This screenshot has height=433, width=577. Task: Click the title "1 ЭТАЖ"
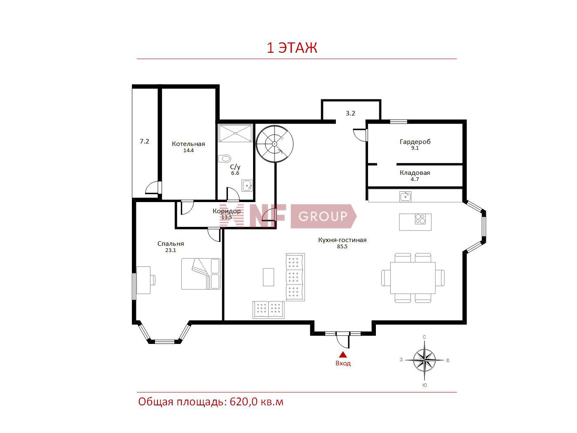point(292,47)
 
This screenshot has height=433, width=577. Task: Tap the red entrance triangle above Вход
point(342,355)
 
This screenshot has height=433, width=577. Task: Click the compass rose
point(424,360)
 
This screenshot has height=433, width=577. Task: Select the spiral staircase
point(274,144)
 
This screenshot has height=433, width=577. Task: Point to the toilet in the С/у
point(224,158)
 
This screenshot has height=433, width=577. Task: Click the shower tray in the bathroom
point(235,133)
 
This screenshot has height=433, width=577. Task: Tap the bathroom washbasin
point(247,186)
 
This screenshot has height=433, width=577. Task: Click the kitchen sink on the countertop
point(405,196)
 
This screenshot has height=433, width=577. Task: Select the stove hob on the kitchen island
point(420,219)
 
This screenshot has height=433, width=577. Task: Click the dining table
point(413,278)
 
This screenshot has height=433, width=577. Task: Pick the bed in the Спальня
point(201,274)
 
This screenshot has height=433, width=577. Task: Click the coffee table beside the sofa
point(268,277)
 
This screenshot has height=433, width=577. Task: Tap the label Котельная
point(188,144)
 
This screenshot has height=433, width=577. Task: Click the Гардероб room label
point(415,142)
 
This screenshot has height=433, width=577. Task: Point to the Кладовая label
point(415,173)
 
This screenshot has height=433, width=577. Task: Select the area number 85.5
point(342,246)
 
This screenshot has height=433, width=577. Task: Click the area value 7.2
point(144,141)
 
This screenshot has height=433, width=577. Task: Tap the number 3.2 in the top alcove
point(350,113)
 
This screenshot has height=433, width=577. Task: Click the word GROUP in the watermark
point(323,216)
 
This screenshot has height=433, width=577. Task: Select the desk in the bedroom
point(143,280)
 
